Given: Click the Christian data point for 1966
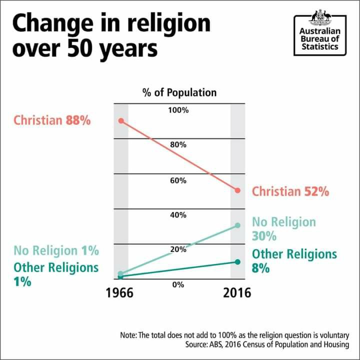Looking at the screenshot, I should [120, 121].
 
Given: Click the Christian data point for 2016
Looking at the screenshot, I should [237, 190].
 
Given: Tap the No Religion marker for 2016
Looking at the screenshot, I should [237, 225].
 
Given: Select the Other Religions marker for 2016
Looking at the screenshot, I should [237, 262].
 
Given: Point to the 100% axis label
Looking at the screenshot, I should [178, 109].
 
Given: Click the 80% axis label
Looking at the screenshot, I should [178, 144].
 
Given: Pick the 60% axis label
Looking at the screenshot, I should [178, 180].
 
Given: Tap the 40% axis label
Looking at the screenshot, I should [178, 215].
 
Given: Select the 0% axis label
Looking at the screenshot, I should [178, 284].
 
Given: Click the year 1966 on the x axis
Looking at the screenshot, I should [119, 292].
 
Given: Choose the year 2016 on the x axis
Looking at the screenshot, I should [237, 292].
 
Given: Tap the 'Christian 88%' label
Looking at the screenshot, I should [52, 120].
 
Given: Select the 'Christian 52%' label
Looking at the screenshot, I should [290, 191].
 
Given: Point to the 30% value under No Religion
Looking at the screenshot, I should [264, 235].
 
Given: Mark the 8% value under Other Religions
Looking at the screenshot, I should [260, 268].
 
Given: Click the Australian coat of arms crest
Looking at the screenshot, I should [320, 17].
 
